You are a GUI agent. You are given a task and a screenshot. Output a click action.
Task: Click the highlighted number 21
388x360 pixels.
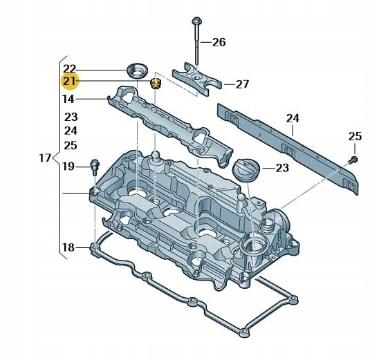click(x=69, y=81)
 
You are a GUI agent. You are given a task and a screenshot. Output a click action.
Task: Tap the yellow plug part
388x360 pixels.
click(x=155, y=84)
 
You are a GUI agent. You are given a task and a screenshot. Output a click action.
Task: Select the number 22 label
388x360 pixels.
click(x=69, y=69)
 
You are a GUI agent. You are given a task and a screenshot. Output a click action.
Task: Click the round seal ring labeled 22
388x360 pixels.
click(x=137, y=71)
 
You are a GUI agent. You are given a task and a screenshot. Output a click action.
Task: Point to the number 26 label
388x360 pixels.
click(x=219, y=42)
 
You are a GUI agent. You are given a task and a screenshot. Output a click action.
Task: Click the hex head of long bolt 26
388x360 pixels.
click(x=197, y=21)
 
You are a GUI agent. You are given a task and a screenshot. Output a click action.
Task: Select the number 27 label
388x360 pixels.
click(x=242, y=84)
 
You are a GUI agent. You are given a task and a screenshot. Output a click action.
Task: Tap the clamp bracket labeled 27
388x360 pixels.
click(x=196, y=79)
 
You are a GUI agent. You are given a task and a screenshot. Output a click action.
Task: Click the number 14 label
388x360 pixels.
click(x=68, y=99)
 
